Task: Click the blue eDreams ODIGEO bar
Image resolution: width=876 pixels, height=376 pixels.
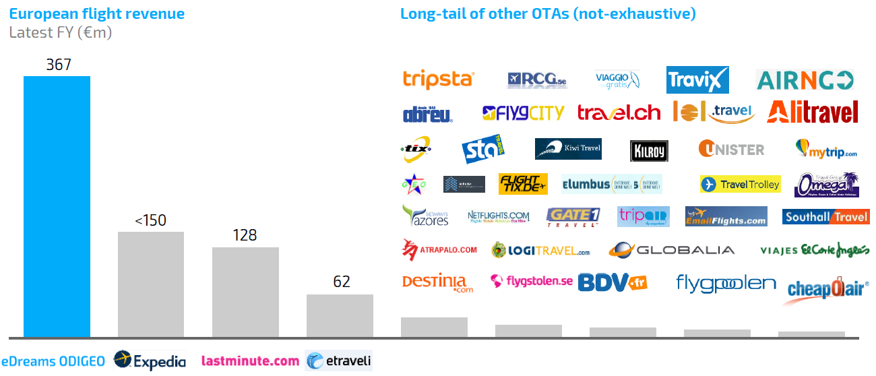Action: [57, 206]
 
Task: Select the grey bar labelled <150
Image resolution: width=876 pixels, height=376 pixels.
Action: [151, 284]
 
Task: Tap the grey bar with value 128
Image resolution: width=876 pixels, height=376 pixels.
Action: [245, 292]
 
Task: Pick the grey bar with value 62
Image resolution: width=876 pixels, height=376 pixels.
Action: [340, 315]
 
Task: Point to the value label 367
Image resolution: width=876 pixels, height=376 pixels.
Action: [58, 65]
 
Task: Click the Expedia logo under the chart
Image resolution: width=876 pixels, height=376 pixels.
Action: [150, 361]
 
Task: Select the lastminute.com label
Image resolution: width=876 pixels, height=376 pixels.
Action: [250, 361]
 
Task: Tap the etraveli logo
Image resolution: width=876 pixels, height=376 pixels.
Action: [338, 361]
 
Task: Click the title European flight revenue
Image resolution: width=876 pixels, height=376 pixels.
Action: [97, 13]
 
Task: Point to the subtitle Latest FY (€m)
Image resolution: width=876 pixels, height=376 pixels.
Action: [61, 32]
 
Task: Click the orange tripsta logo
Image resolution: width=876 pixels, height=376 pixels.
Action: [439, 80]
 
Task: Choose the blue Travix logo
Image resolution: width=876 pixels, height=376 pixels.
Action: [697, 80]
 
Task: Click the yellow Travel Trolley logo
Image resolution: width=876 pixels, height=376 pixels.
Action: [740, 184]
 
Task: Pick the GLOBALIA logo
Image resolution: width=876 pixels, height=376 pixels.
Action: [671, 250]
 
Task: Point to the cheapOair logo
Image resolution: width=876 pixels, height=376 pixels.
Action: [827, 289]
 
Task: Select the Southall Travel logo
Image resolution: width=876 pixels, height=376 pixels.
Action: [825, 217]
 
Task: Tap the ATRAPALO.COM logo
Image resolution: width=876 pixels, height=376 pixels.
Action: [439, 250]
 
